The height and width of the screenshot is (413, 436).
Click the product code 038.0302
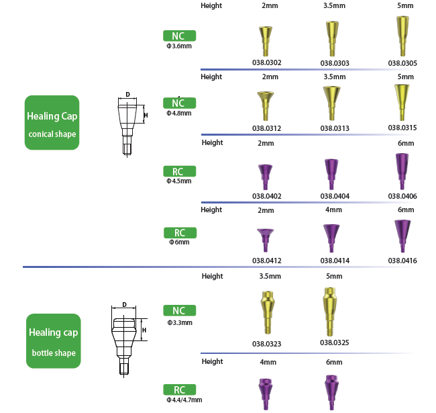pos(266,63)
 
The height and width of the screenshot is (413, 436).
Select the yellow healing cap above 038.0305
pos(402,37)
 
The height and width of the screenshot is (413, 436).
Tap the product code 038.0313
pos(334,128)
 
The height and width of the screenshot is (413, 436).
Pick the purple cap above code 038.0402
pos(266,173)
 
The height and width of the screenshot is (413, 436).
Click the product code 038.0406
pos(402,196)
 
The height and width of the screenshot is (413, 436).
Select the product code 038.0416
pos(402,260)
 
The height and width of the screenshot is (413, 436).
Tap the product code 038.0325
pos(334,342)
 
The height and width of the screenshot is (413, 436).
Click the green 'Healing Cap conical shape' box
pos(52,122)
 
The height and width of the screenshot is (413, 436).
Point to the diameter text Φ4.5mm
pos(179,181)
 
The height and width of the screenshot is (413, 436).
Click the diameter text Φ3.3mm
pos(180,322)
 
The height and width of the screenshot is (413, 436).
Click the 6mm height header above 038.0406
pos(405,143)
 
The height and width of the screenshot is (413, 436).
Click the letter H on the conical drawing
pos(146,116)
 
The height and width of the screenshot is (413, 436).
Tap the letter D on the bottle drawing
pos(125,305)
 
